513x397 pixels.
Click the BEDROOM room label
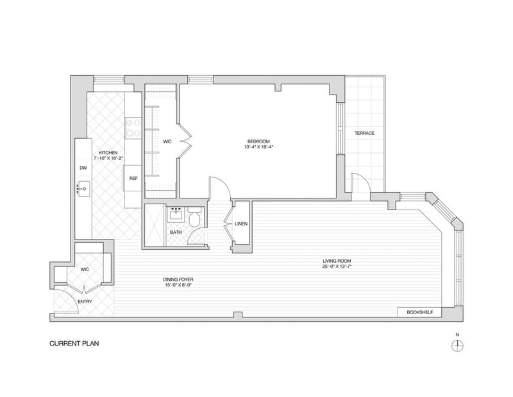258,141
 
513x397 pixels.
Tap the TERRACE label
364,133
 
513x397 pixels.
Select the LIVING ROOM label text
337,261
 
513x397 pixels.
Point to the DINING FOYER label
178,279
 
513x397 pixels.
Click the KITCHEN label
108,153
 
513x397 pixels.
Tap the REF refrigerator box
133,179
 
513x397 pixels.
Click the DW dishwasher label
83,168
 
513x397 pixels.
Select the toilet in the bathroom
195,216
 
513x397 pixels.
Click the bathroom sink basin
176,215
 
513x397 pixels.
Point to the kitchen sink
83,189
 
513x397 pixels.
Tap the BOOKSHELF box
420,312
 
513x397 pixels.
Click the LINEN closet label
241,224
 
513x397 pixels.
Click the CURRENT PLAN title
74,344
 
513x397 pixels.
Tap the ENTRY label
85,301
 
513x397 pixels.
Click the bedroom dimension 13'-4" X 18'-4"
258,147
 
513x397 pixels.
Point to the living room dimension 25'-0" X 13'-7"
337,267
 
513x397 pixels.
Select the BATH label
176,233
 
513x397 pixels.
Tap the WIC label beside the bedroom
167,141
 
